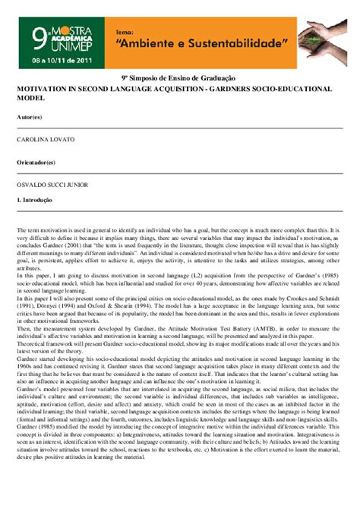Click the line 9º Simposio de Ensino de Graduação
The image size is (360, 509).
tap(179, 78)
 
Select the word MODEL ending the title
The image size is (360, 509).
tap(30, 99)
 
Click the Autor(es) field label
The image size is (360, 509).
tap(30, 118)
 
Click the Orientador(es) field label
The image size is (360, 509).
tap(36, 163)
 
